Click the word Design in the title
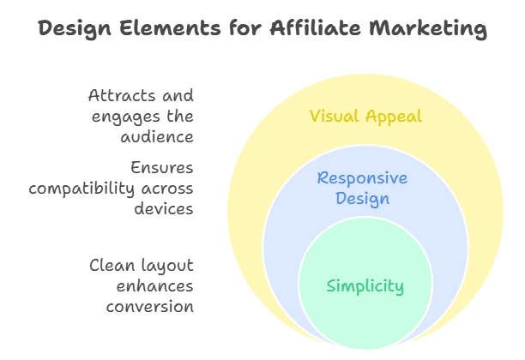(75, 28)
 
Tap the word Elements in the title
(170, 27)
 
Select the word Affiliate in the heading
(316, 27)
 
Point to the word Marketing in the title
(428, 28)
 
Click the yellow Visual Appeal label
(365, 117)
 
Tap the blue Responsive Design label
(362, 189)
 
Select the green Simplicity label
(365, 286)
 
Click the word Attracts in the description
(122, 95)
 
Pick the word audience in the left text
(157, 137)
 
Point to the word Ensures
(162, 168)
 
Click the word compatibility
(81, 189)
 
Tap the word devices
(164, 209)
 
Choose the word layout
(167, 267)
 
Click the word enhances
(154, 286)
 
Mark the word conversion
(149, 307)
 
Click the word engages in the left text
(126, 117)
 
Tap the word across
(167, 189)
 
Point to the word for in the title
(245, 27)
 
